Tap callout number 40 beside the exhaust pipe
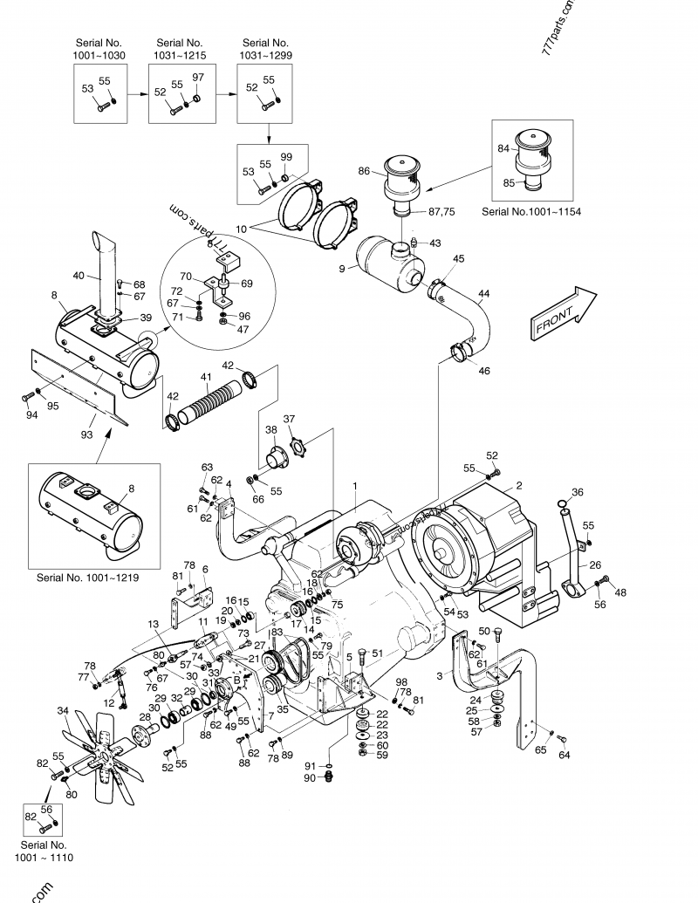(x=79, y=276)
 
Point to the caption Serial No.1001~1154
(x=531, y=211)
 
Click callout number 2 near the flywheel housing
(x=518, y=484)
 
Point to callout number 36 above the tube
(x=577, y=492)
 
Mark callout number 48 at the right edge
(x=620, y=592)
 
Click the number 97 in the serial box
(x=197, y=78)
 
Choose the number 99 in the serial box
(x=285, y=156)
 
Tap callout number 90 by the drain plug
(x=309, y=777)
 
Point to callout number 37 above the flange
(x=289, y=418)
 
